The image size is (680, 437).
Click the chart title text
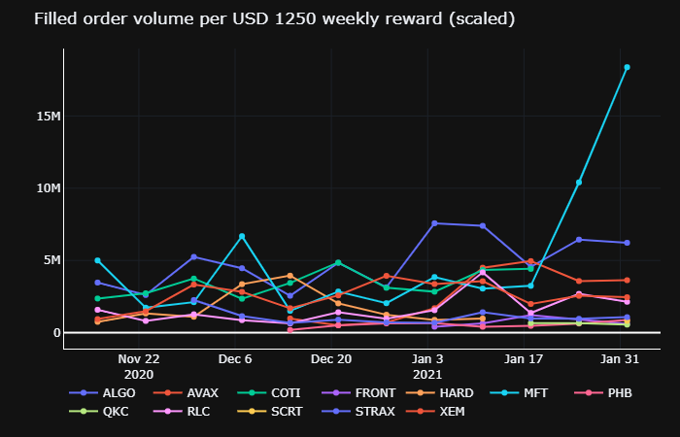click(x=260, y=19)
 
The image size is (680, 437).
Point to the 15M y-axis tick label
click(x=46, y=117)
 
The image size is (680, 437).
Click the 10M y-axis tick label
click(x=46, y=188)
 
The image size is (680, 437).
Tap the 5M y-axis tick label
click(x=49, y=260)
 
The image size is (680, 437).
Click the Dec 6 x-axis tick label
click(x=236, y=358)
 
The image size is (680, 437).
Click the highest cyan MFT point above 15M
click(x=627, y=67)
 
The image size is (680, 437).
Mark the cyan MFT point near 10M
click(x=579, y=183)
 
